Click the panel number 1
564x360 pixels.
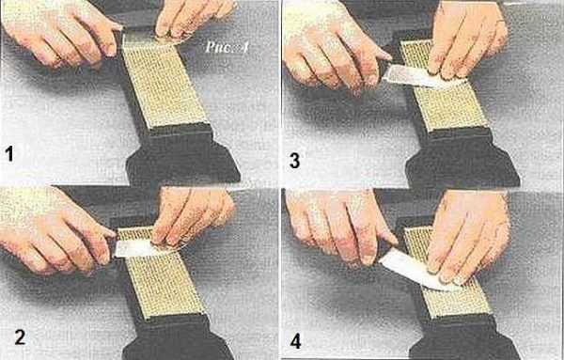pyautogui.click(x=9, y=153)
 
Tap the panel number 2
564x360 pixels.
pyautogui.click(x=20, y=337)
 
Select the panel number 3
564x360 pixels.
pyautogui.click(x=294, y=161)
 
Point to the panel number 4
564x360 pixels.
pyautogui.click(x=296, y=341)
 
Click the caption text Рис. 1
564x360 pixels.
pyautogui.click(x=227, y=47)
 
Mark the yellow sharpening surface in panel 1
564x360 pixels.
pyautogui.click(x=164, y=81)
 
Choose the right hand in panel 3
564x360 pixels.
pyautogui.click(x=467, y=39)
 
